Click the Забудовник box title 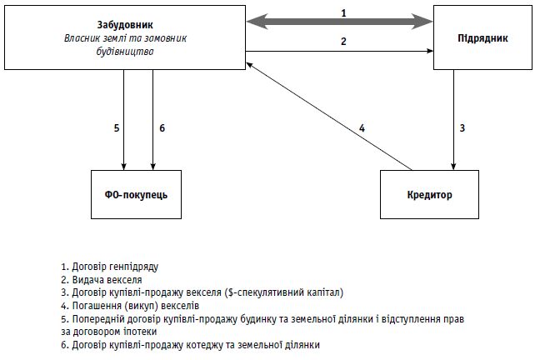(124, 26)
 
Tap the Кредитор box (429, 194)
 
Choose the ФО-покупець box (137, 194)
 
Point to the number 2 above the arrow (342, 41)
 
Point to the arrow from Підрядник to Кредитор (452, 117)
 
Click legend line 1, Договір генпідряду (109, 267)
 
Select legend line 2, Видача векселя (101, 279)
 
